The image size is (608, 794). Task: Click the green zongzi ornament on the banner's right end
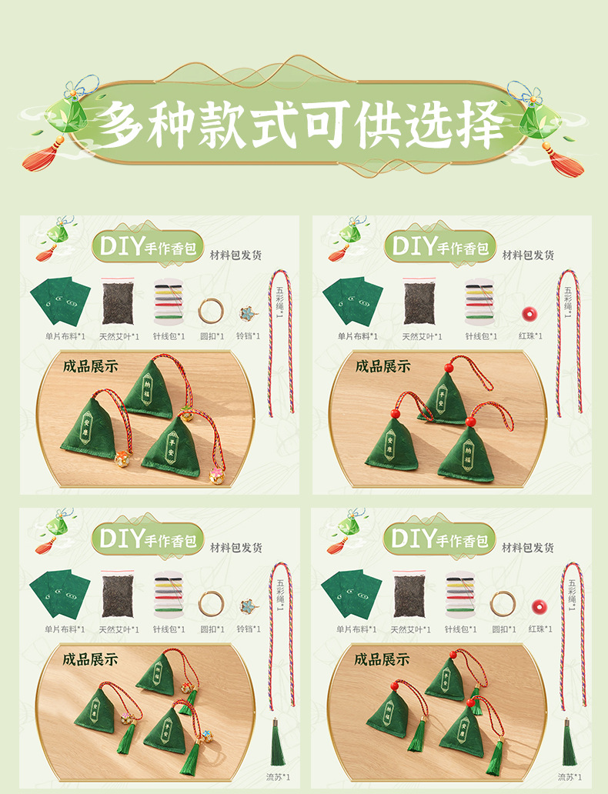pyautogui.click(x=541, y=117)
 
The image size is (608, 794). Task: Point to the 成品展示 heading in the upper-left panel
pyautogui.click(x=91, y=366)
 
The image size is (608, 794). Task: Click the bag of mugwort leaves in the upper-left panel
pyautogui.click(x=118, y=302)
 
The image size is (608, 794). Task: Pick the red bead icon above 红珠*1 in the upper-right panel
pyautogui.click(x=528, y=314)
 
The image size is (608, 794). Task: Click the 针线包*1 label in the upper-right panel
pyautogui.click(x=481, y=335)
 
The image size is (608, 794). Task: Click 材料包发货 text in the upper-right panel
pyautogui.click(x=528, y=255)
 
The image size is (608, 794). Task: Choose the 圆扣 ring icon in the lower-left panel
pyautogui.click(x=211, y=603)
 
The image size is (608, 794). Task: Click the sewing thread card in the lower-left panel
pyautogui.click(x=169, y=595)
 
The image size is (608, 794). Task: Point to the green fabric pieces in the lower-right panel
pyautogui.click(x=352, y=594)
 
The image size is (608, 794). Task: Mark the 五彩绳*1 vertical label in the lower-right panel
pyautogui.click(x=570, y=592)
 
